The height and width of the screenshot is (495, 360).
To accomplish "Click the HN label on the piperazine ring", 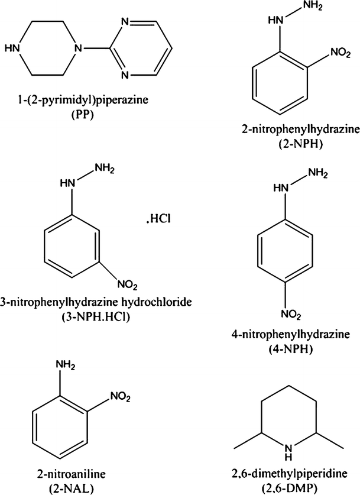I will click(x=12, y=47).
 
